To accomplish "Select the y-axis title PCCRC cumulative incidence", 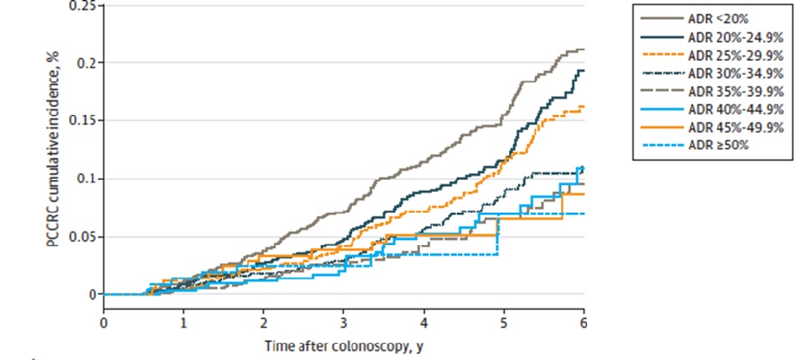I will (x=52, y=154).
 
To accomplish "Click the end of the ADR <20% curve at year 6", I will (x=583, y=50).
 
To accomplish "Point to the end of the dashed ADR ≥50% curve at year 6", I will (x=583, y=213).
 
